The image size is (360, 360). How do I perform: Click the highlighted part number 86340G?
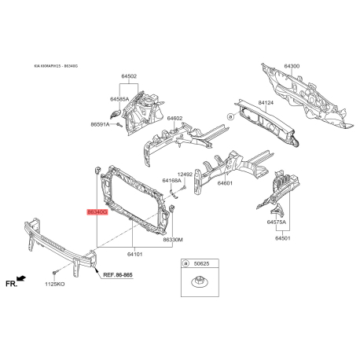[96, 211]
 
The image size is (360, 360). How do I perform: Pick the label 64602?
[174, 119]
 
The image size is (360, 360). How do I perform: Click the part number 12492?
[185, 174]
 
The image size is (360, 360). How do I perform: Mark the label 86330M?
[173, 240]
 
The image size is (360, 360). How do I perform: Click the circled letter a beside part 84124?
[230, 115]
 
